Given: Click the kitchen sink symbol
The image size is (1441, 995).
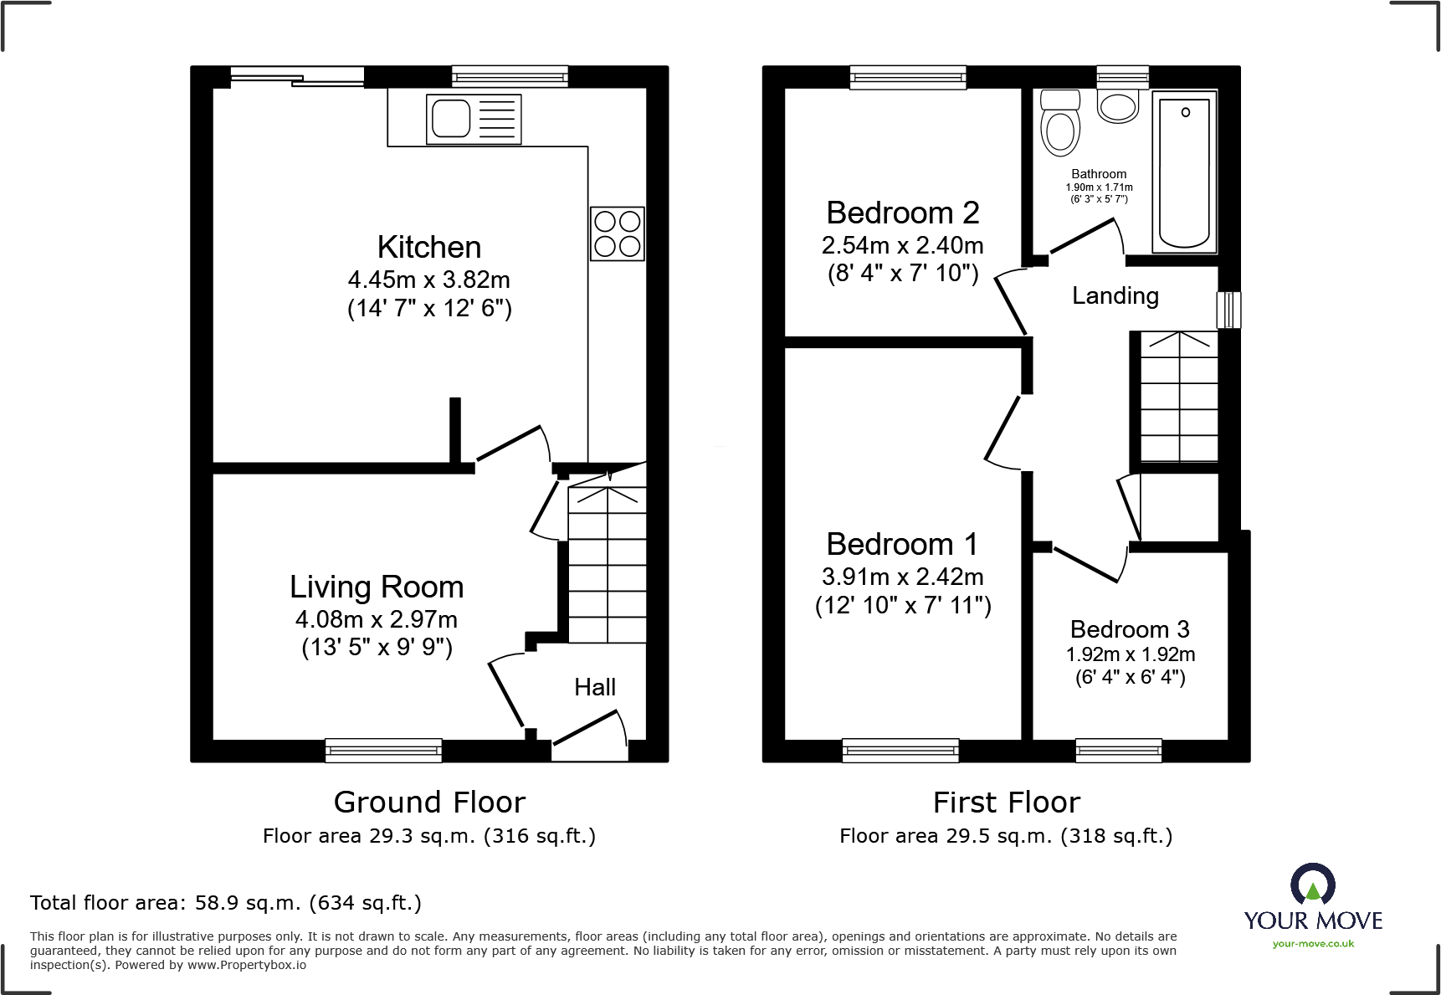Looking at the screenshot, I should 474,119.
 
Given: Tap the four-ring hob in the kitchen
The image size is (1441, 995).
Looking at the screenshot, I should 617,233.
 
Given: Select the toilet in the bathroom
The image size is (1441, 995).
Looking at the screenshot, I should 1060,126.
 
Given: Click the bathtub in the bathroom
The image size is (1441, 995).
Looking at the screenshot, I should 1184,172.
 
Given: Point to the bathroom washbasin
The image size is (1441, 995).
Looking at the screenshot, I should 1118,107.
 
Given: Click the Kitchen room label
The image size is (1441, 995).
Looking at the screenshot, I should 428,247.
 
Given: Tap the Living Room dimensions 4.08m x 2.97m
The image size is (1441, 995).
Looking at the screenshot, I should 376,619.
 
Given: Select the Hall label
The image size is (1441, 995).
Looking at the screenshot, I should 594,687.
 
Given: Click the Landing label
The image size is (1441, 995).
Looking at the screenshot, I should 1115,295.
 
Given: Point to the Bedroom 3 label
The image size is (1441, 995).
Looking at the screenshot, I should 1129,628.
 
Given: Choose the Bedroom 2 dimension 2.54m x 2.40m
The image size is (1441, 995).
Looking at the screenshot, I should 902,245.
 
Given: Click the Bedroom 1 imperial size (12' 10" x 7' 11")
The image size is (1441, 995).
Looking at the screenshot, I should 902,605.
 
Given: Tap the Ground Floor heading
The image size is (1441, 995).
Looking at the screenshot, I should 428,802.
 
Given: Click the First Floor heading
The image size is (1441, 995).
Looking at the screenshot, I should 1006,802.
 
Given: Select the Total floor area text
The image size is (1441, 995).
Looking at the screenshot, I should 225,903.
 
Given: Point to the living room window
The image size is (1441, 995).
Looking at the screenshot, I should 383,750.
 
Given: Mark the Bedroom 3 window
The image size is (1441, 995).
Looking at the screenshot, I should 1118,750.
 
